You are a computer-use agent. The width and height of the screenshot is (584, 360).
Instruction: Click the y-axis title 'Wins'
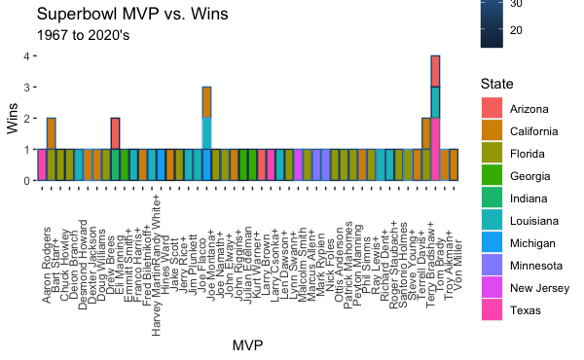tap(13, 119)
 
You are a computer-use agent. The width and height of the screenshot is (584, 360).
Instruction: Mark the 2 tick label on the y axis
tap(27, 119)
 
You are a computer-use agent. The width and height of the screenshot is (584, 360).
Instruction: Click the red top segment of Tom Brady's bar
tap(435, 71)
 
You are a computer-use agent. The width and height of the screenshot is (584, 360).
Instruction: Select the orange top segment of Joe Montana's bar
tap(207, 102)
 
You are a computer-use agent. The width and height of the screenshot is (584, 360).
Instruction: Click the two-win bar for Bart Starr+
tap(51, 149)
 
